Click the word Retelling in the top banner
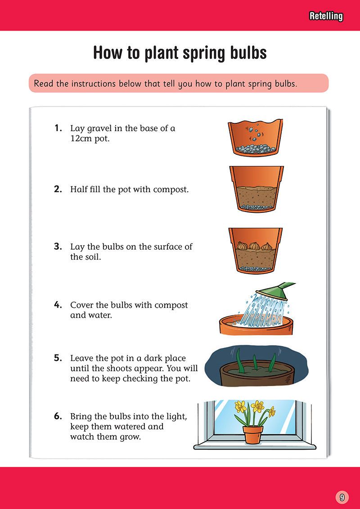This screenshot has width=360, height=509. point(326,17)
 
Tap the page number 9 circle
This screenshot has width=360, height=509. point(342,497)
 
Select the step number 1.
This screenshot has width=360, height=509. point(57,128)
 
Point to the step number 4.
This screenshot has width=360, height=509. point(58,305)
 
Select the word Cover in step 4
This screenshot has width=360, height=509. point(81,305)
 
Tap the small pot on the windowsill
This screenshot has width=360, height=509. point(255,434)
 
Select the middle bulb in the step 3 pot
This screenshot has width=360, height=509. point(255,248)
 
